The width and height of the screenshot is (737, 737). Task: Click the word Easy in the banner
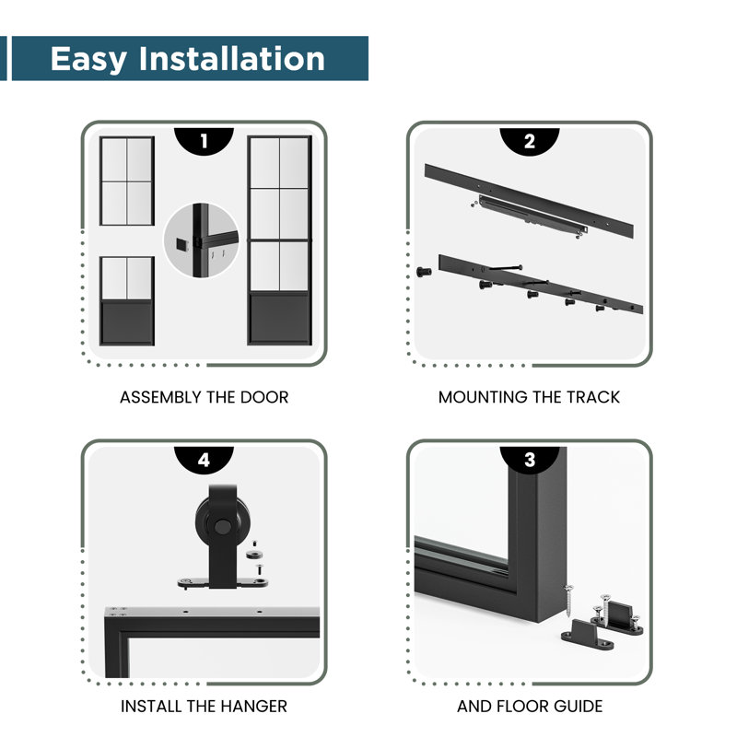pyautogui.click(x=88, y=59)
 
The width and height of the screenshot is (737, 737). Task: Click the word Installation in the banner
pyautogui.click(x=232, y=58)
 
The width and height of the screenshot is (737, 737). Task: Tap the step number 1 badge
pyautogui.click(x=204, y=141)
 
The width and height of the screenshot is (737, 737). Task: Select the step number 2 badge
pyautogui.click(x=529, y=141)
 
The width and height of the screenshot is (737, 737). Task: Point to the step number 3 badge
pyautogui.click(x=529, y=459)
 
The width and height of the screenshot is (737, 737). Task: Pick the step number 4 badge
pyautogui.click(x=204, y=459)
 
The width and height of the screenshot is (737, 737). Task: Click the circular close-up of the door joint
pyautogui.click(x=201, y=240)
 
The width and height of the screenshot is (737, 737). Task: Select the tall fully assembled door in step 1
pyautogui.click(x=280, y=240)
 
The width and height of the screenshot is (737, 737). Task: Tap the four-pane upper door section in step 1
pyautogui.click(x=127, y=181)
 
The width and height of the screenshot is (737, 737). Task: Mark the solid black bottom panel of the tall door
pyautogui.click(x=280, y=318)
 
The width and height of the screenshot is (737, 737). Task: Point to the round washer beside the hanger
pyautogui.click(x=254, y=556)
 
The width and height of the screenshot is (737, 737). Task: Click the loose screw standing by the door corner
pyautogui.click(x=568, y=602)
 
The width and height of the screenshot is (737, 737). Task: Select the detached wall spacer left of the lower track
pyautogui.click(x=424, y=271)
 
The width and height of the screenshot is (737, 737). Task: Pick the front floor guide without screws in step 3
pyautogui.click(x=587, y=636)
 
